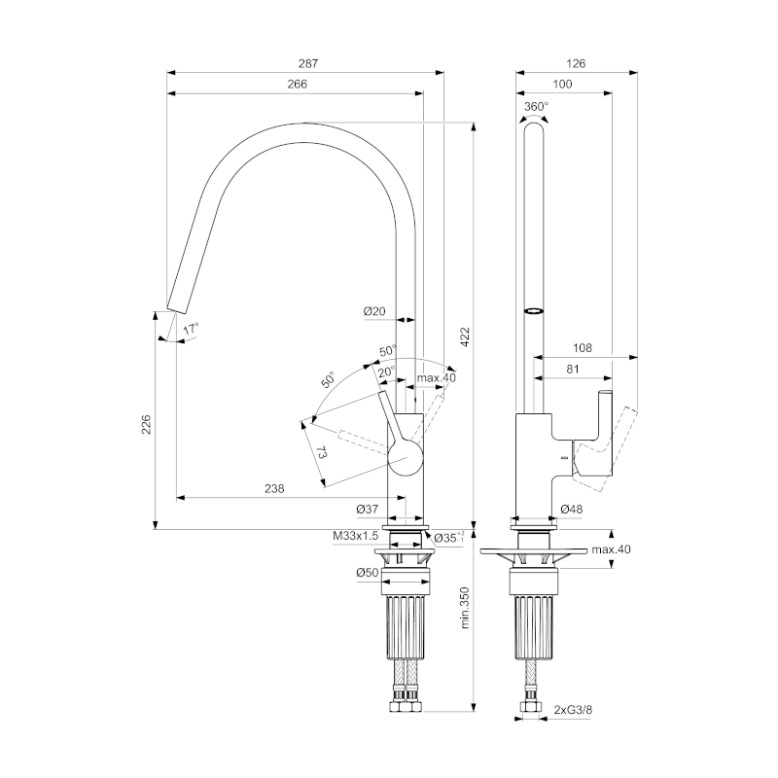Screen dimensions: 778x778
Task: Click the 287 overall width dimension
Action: (308, 63)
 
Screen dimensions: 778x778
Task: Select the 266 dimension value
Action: (298, 84)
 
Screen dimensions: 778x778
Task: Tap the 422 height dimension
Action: (465, 336)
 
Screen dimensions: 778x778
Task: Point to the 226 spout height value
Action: (146, 424)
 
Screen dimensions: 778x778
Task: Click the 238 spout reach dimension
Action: (274, 489)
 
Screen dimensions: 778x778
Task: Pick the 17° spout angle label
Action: (191, 329)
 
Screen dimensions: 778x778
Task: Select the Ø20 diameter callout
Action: (374, 311)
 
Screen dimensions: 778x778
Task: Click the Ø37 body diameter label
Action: (368, 509)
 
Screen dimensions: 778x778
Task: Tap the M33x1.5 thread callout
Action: (355, 536)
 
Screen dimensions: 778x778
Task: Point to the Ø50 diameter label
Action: (368, 572)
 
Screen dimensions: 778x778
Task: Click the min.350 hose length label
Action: (465, 608)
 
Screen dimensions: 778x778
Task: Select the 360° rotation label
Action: (537, 107)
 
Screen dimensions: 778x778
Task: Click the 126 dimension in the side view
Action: (576, 63)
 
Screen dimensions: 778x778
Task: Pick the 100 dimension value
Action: (562, 84)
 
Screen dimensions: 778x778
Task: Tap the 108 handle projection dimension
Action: (583, 348)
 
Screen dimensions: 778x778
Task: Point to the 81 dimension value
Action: (573, 370)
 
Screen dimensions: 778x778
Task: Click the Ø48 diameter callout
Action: (572, 509)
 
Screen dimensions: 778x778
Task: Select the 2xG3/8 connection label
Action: (573, 710)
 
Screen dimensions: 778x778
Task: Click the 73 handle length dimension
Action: (321, 452)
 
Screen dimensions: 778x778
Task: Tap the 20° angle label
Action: (386, 371)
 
